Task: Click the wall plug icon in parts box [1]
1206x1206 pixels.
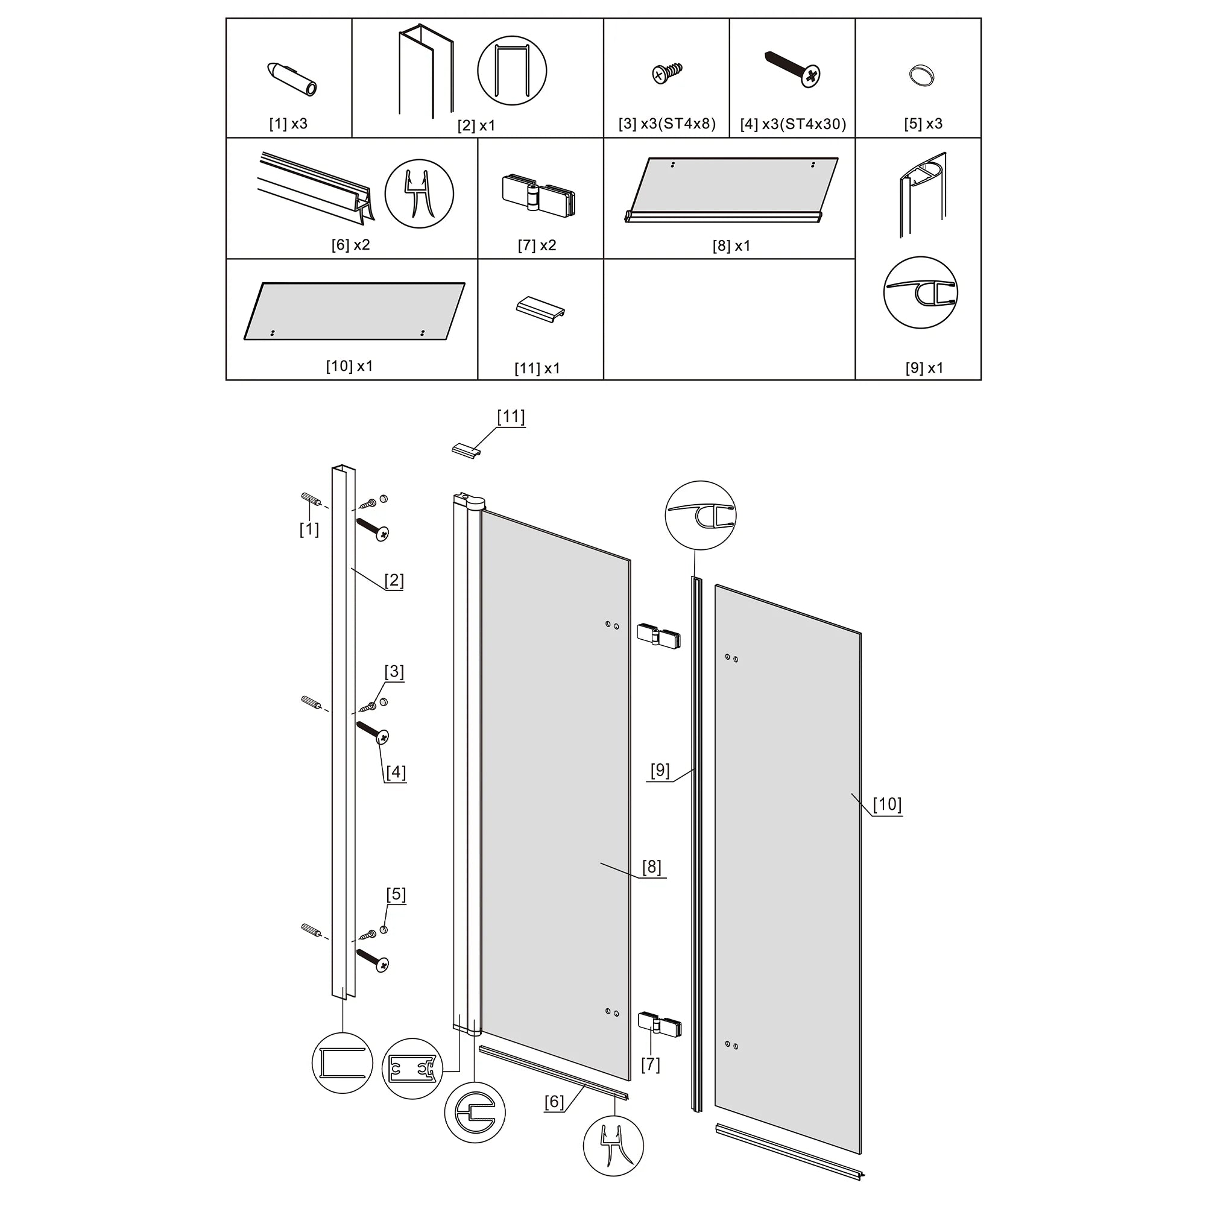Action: click(x=292, y=78)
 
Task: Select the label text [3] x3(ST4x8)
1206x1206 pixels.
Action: click(x=667, y=124)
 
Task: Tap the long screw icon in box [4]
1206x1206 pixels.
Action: click(x=793, y=69)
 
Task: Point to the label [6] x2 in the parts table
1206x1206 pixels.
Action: click(x=351, y=245)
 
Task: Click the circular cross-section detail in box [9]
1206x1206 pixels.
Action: click(x=921, y=292)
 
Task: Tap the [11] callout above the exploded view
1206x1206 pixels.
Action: click(x=511, y=417)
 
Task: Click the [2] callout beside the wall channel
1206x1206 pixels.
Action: click(x=394, y=581)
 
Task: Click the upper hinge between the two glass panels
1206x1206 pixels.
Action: click(x=658, y=636)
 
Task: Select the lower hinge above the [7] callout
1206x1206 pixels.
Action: click(x=659, y=1024)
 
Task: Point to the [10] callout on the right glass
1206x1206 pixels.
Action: click(x=887, y=804)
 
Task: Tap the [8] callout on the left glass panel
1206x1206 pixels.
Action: click(x=651, y=867)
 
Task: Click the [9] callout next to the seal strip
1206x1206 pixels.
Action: click(x=660, y=770)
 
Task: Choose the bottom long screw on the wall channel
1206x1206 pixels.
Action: click(x=373, y=961)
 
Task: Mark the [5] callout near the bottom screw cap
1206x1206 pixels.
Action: click(x=396, y=894)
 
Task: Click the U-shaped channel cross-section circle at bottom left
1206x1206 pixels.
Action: click(x=342, y=1063)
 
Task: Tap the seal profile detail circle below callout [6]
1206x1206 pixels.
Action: click(x=613, y=1146)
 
